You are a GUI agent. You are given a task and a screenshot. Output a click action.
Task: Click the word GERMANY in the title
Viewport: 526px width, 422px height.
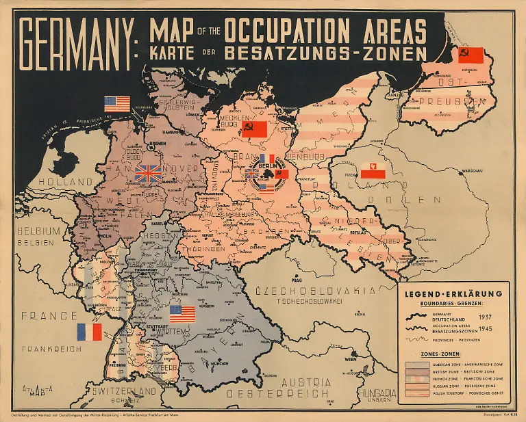pyautogui.click(x=77, y=42)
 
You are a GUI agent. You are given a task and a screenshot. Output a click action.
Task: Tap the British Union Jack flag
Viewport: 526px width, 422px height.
pyautogui.click(x=149, y=172)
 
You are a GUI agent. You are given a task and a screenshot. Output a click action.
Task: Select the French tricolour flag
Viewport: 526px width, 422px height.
pyautogui.click(x=89, y=332)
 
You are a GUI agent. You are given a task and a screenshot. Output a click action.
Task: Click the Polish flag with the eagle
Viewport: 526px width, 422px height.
pyautogui.click(x=373, y=170)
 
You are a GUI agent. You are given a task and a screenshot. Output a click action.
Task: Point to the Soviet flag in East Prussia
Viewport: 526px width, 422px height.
pyautogui.click(x=471, y=55)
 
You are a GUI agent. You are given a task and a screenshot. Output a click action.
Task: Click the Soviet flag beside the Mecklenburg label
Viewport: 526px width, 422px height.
pyautogui.click(x=254, y=128)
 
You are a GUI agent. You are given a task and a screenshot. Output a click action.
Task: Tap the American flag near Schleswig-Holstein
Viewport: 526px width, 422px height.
pyautogui.click(x=117, y=104)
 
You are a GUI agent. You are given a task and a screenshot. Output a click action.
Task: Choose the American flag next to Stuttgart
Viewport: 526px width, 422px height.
pyautogui.click(x=182, y=313)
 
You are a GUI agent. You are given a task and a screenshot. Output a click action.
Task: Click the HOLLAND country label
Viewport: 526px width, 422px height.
pyautogui.click(x=66, y=183)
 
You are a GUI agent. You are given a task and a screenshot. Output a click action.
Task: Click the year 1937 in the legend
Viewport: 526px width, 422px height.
pyautogui.click(x=485, y=317)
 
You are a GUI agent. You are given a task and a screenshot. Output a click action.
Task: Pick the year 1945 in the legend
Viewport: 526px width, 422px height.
pyautogui.click(x=485, y=329)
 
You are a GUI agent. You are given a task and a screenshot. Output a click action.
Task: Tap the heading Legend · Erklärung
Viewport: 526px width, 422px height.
pyautogui.click(x=453, y=293)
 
